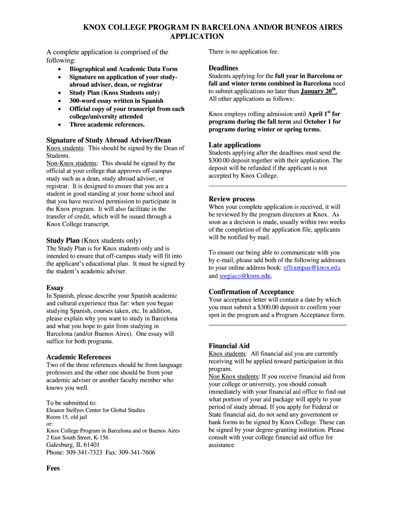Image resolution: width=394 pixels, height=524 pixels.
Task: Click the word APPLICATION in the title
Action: pos(196,36)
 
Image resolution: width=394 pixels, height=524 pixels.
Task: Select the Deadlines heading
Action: pos(223,68)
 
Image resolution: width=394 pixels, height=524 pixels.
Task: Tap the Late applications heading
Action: pos(234,145)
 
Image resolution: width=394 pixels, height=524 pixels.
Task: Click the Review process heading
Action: pos(231,199)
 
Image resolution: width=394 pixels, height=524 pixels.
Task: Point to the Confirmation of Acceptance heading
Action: pos(251,292)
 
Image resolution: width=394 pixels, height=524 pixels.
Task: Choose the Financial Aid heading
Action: pos(229,346)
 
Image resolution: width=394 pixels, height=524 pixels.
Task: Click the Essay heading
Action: pos(55,288)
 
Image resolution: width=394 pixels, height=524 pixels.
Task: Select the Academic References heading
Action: pos(78,357)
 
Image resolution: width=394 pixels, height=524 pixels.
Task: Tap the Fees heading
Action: pos(53,468)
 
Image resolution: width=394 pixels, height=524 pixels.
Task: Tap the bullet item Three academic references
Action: pos(107,124)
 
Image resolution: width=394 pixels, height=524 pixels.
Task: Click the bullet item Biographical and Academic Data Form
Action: pos(123,69)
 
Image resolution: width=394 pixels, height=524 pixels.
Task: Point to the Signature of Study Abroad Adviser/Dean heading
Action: pos(108,140)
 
